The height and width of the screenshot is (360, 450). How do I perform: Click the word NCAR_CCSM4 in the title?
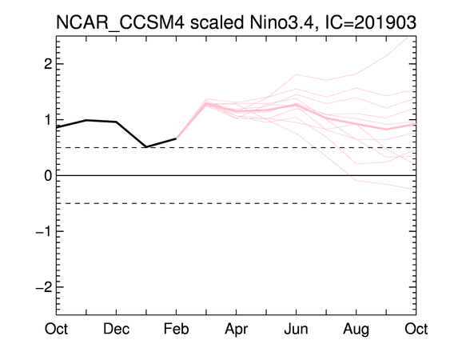(120, 23)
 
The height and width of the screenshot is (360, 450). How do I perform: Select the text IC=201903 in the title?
(371, 22)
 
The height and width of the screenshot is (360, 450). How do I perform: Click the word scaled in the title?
(217, 22)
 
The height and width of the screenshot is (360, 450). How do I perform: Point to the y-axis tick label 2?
(48, 64)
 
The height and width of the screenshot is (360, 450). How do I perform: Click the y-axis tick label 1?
(49, 119)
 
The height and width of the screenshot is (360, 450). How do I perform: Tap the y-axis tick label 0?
(48, 175)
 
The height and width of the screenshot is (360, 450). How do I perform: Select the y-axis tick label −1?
(44, 231)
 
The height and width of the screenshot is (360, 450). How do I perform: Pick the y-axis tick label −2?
(44, 286)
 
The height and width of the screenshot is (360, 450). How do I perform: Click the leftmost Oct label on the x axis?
(56, 329)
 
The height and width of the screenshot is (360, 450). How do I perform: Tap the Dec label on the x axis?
(116, 329)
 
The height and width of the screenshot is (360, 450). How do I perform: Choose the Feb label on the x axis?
(176, 329)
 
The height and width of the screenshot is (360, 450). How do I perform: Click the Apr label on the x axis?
(237, 330)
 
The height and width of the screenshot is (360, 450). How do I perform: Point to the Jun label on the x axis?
(297, 329)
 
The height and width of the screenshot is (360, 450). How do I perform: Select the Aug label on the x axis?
(356, 330)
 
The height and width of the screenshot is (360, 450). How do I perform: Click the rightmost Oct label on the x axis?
(416, 329)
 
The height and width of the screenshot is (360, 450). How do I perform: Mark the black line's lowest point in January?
(146, 147)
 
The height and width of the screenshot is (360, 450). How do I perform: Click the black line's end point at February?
(176, 138)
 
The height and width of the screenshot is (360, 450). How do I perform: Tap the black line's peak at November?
(86, 120)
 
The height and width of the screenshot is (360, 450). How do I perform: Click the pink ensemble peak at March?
(206, 103)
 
